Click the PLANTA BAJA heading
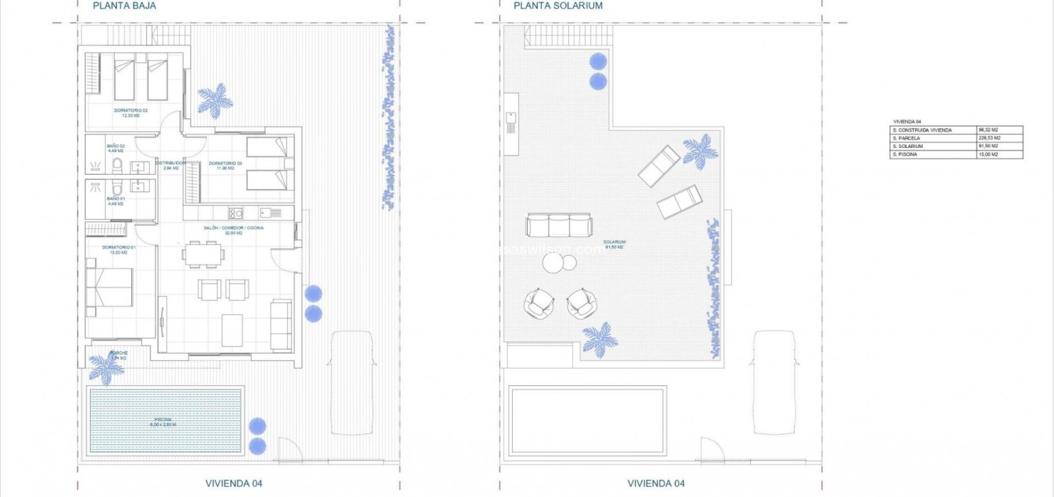124,6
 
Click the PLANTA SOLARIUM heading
557,6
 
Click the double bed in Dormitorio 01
109,287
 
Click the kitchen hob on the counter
236,213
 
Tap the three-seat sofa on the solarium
559,225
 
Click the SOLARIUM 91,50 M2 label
614,245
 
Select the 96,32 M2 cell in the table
988,130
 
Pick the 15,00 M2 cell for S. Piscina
988,154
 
